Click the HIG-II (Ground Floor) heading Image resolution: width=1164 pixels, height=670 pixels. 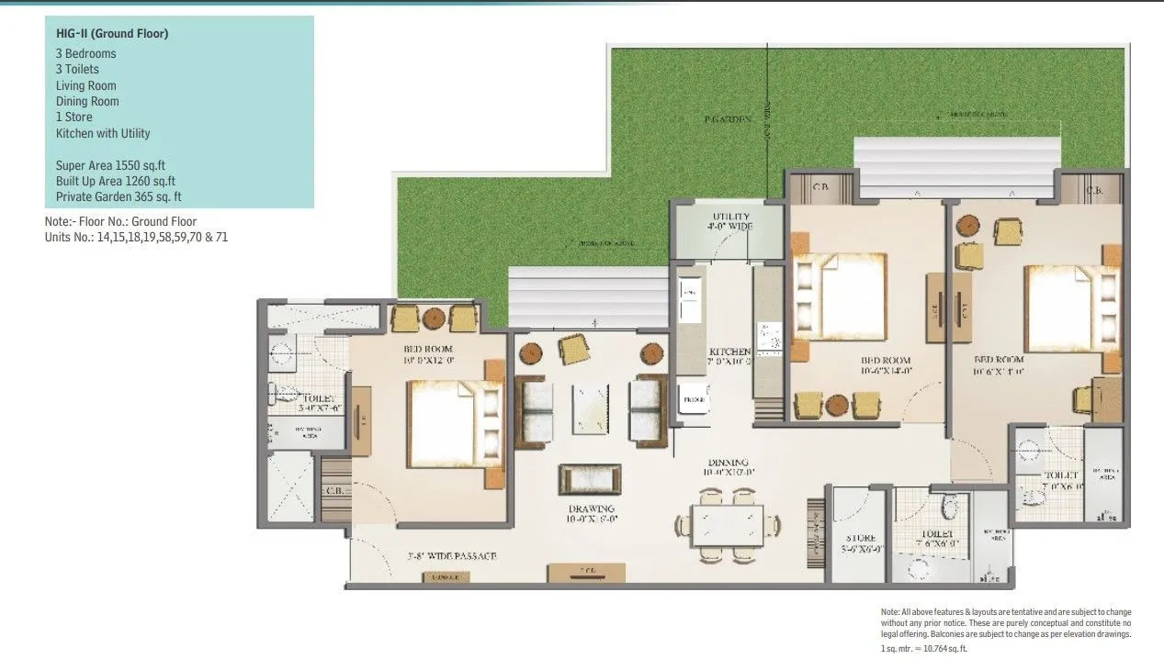[112, 34]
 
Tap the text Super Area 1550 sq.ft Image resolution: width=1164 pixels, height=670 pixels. [109, 165]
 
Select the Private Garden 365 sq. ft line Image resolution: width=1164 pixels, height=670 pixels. [118, 196]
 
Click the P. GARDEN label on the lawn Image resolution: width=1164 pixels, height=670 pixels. [728, 119]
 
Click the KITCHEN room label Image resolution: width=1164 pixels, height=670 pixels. [729, 352]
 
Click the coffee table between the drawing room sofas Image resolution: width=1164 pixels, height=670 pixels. [590, 408]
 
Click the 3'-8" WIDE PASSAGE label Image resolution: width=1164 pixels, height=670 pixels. [452, 556]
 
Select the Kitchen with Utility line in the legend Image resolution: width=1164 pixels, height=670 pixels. [102, 133]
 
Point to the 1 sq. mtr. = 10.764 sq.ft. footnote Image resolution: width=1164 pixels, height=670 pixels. [923, 648]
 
